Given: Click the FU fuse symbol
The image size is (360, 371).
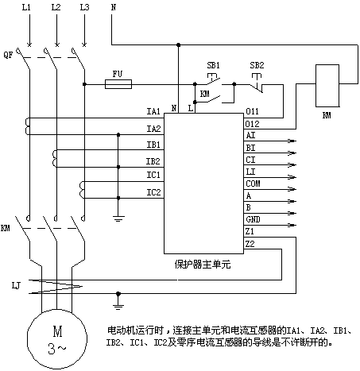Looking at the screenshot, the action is (118, 84).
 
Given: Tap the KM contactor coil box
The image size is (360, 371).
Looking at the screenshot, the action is (327, 86).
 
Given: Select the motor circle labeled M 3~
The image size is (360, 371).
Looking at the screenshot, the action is (57, 338).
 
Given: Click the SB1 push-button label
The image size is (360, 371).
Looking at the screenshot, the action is (213, 65).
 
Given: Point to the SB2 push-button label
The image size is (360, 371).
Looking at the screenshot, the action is (257, 65).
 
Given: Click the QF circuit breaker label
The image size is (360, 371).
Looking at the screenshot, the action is (8, 55).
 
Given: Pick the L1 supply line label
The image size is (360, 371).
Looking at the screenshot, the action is (26, 7).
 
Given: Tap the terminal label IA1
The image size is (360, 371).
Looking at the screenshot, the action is (153, 111).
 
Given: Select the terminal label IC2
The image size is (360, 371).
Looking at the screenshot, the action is (153, 192).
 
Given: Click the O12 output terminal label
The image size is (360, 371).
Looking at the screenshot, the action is (252, 124).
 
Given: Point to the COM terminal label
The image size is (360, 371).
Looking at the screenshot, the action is (253, 184).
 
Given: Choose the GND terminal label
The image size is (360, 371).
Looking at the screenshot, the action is (253, 219).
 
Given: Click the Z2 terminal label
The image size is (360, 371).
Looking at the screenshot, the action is (250, 244).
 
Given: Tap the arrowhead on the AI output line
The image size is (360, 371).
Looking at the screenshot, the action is (292, 141).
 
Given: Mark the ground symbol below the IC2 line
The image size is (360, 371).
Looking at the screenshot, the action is (118, 218).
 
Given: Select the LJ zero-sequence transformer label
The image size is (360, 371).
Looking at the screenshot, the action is (16, 285).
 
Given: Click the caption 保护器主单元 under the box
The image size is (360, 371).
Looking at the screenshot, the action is (203, 265).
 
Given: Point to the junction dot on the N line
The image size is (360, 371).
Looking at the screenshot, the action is (178, 45).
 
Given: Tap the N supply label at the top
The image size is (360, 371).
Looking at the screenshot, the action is (114, 7).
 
